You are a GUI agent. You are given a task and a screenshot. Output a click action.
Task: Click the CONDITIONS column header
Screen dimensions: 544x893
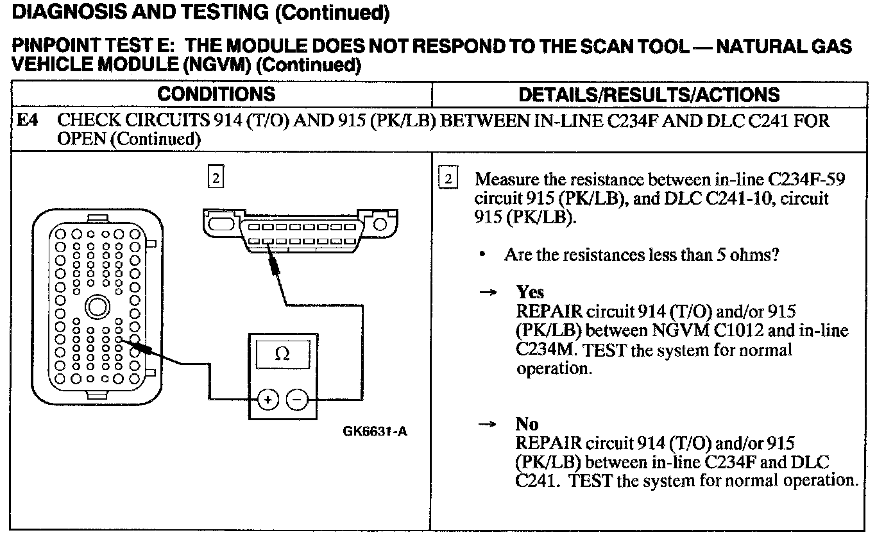click(x=216, y=94)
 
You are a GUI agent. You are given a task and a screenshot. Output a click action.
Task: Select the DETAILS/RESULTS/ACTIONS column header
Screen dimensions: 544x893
click(x=649, y=95)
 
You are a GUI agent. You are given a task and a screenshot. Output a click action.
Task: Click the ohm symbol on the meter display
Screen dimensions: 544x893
click(x=282, y=354)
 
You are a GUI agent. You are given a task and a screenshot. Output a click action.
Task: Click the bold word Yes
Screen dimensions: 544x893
click(x=530, y=293)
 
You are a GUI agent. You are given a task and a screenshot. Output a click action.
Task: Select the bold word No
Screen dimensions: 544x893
click(x=527, y=424)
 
